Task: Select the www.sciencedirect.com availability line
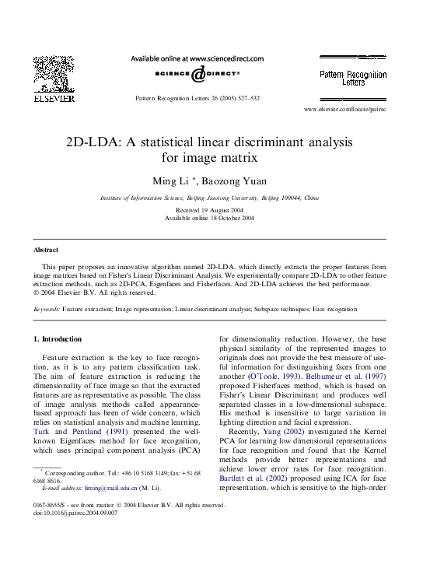(197, 58)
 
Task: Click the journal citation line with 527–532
(198, 99)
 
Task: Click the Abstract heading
(46, 250)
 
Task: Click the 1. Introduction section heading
(58, 339)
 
